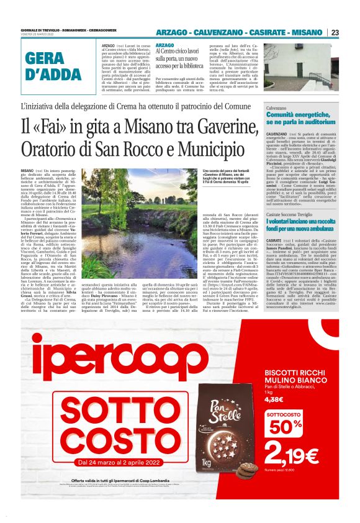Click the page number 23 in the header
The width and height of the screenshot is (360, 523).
335,32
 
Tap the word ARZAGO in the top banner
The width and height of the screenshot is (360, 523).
173,32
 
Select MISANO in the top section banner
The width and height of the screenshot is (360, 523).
308,32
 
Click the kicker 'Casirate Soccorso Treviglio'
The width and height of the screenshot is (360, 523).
293,213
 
